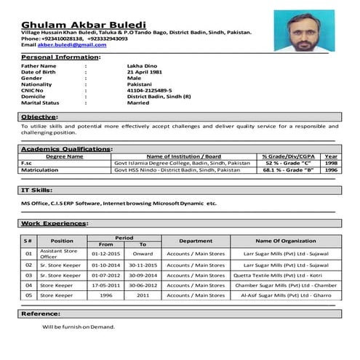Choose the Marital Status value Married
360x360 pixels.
(138, 103)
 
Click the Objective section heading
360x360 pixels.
(37, 116)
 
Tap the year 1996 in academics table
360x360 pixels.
(331, 170)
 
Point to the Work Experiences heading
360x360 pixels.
(54, 223)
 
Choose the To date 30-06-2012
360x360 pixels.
(143, 286)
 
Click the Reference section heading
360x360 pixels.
(41, 313)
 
